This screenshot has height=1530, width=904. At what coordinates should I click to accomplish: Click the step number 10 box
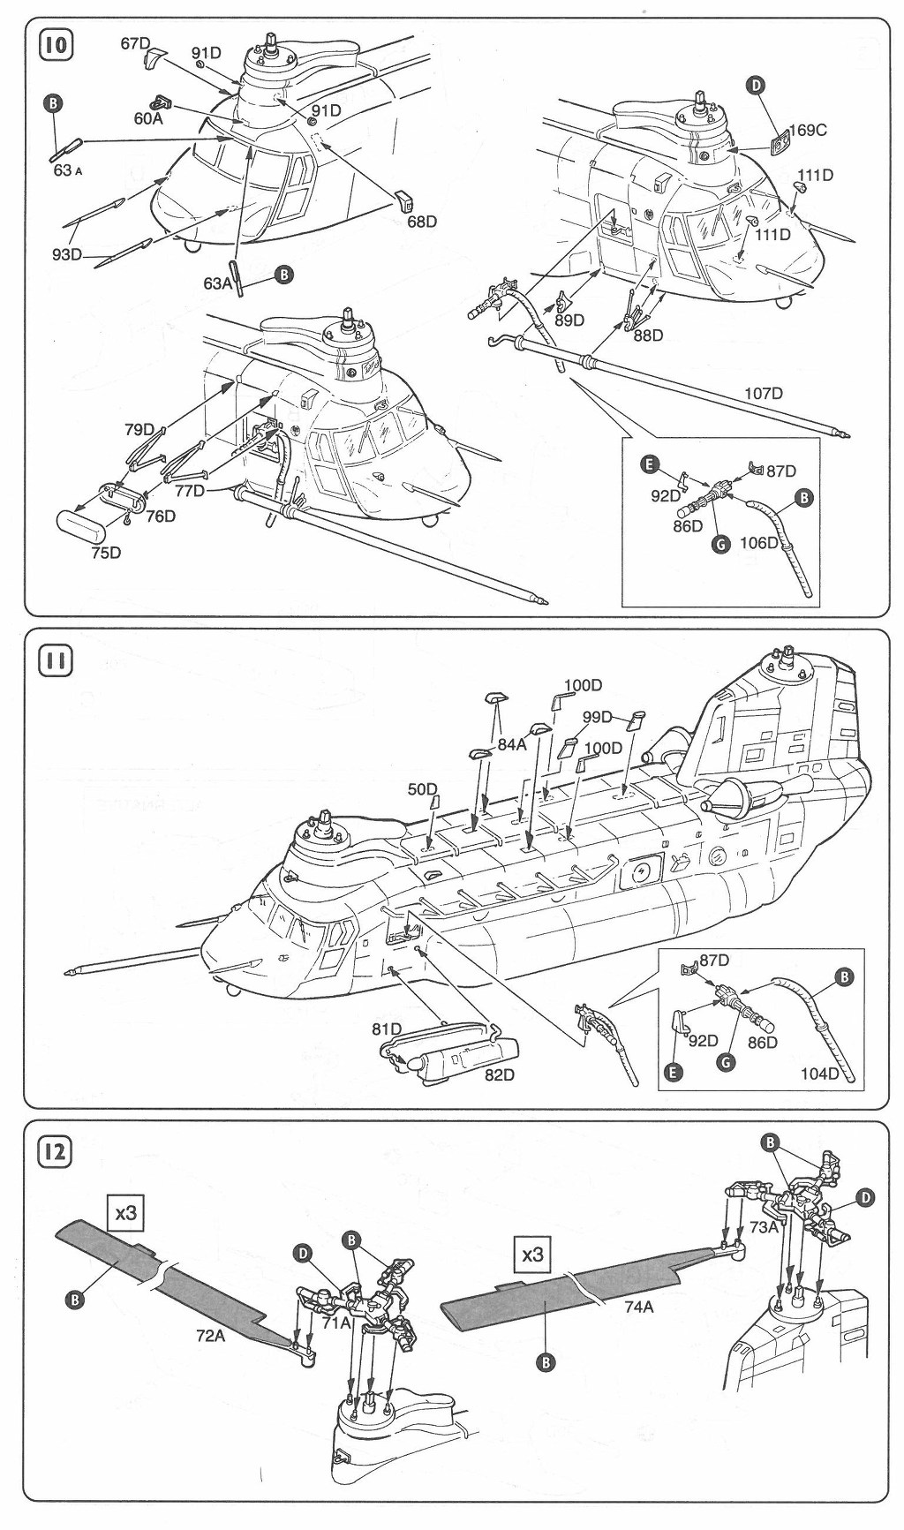point(55,44)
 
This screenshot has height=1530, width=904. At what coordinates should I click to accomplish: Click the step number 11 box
point(55,660)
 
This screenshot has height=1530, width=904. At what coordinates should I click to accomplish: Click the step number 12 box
point(55,1151)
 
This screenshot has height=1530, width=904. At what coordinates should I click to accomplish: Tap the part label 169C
point(807,130)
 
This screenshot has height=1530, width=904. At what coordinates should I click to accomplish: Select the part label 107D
point(764,393)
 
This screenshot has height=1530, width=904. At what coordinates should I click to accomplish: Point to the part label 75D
point(103,553)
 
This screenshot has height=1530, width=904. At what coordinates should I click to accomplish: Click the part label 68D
point(421,221)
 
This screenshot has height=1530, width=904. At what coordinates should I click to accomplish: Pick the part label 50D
point(422,788)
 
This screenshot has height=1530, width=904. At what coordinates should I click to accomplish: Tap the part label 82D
point(498,1074)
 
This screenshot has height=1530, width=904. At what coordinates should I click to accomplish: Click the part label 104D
point(820,1073)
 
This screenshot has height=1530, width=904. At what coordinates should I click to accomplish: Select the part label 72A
point(210,1336)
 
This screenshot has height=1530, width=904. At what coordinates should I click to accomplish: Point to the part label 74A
point(638,1308)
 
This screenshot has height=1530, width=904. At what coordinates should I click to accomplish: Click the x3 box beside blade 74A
point(532,1254)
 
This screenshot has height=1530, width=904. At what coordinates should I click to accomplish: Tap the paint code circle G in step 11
point(726,1062)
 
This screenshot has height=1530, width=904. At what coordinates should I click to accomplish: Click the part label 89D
point(569,320)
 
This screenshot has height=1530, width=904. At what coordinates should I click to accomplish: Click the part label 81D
point(387,1029)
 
